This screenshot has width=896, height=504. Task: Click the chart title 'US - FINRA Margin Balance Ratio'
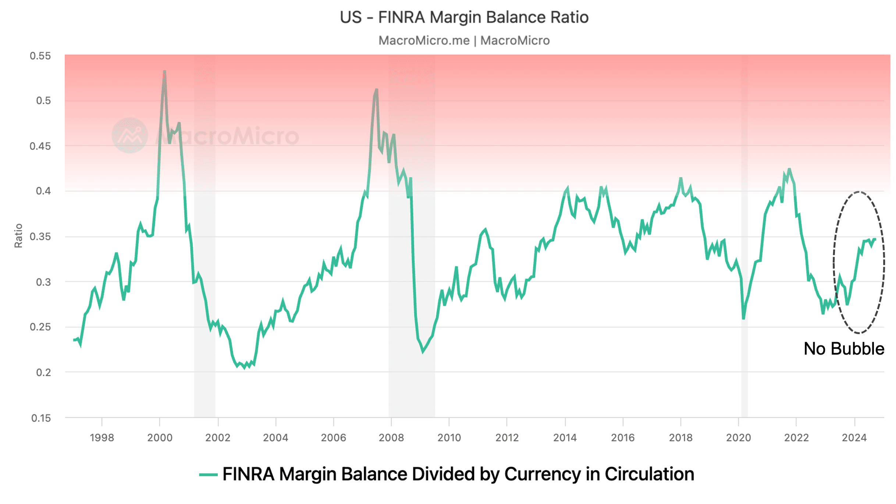tap(464, 17)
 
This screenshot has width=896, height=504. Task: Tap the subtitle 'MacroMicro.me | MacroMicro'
tap(464, 40)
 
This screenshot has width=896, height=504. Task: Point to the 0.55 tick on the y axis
tap(40, 56)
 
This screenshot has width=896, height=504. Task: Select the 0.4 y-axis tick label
tap(43, 191)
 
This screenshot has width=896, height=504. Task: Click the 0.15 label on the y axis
tap(41, 418)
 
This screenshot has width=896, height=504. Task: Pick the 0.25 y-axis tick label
tap(40, 327)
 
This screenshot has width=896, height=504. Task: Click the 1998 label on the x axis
tap(102, 437)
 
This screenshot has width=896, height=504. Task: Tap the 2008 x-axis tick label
tap(391, 437)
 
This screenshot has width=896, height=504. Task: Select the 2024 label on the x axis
tap(854, 437)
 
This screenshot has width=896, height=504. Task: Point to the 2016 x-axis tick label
tap(623, 437)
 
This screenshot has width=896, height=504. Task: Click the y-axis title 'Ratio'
tap(18, 236)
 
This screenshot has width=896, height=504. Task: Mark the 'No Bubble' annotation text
tap(844, 349)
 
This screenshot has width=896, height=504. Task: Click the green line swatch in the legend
tap(208, 475)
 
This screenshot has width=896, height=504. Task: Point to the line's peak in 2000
tap(164, 71)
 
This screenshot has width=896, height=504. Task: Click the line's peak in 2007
tap(376, 89)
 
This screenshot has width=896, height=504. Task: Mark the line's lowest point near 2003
tap(245, 368)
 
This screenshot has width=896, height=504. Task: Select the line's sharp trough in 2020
tap(743, 318)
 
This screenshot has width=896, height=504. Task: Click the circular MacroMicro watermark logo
tap(129, 135)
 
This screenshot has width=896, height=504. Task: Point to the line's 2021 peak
tap(789, 169)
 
